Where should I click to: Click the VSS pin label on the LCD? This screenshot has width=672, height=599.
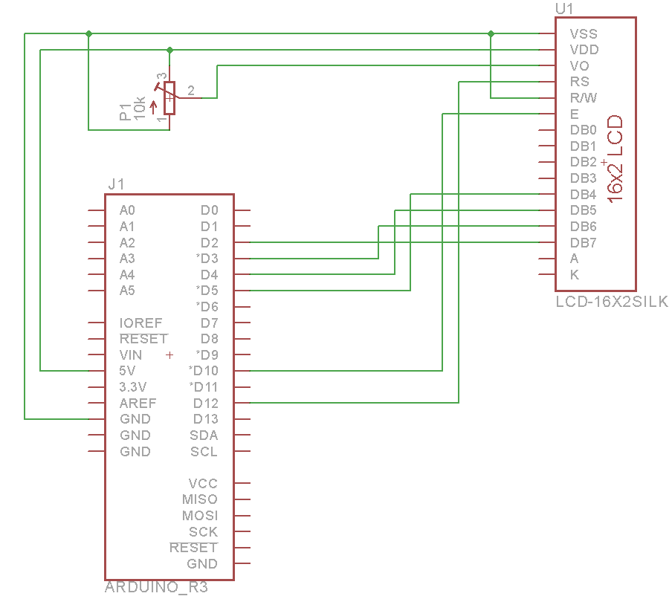pyautogui.click(x=584, y=34)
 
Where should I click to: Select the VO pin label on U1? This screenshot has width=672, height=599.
pyautogui.click(x=580, y=66)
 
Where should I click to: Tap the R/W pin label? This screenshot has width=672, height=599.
pyautogui.click(x=584, y=98)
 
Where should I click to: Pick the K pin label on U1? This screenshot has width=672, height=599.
pyautogui.click(x=575, y=275)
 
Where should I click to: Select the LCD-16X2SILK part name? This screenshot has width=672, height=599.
pyautogui.click(x=612, y=302)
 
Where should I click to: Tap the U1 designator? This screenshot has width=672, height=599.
pyautogui.click(x=565, y=9)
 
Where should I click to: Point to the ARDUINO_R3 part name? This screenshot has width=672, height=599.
pyautogui.click(x=156, y=588)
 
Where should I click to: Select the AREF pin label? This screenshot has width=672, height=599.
pyautogui.click(x=138, y=403)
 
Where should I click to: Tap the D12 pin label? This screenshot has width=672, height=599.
pyautogui.click(x=206, y=403)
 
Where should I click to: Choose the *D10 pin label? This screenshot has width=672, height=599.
pyautogui.click(x=204, y=371)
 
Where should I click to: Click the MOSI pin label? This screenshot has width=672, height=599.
pyautogui.click(x=201, y=516)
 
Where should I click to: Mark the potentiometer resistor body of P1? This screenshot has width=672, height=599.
pyautogui.click(x=169, y=98)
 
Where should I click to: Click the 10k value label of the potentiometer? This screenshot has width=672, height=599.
pyautogui.click(x=140, y=109)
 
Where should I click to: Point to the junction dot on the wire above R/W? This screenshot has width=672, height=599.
pyautogui.click(x=491, y=33)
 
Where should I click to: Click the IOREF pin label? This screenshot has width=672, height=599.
pyautogui.click(x=140, y=323)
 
